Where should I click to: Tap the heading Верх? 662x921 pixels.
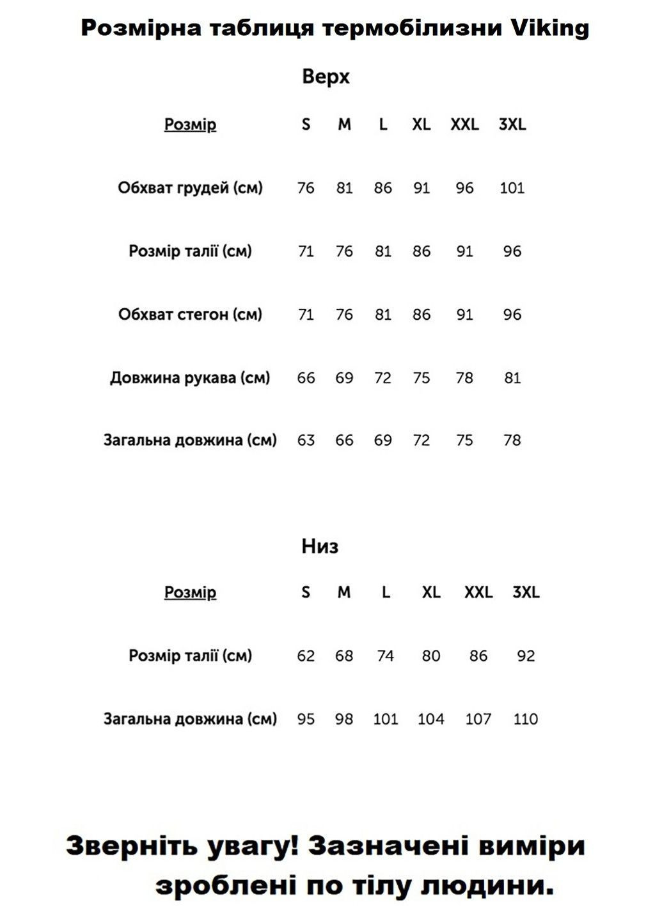(326, 77)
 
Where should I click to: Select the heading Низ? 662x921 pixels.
(320, 546)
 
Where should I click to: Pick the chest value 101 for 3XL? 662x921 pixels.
(512, 188)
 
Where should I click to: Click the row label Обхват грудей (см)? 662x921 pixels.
(190, 188)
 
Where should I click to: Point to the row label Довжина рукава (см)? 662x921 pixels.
(190, 378)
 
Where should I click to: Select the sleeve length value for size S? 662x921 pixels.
(306, 378)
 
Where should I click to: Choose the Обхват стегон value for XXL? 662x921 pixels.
(464, 315)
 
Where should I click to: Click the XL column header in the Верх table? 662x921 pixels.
(421, 125)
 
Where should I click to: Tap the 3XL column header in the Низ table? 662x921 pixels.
(526, 592)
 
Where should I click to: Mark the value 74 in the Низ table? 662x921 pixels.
(385, 656)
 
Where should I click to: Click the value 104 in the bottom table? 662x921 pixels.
(430, 719)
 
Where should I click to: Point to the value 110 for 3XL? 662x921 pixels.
(525, 719)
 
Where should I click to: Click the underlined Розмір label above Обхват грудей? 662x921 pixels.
(190, 125)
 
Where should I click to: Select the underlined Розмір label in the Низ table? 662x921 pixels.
(190, 592)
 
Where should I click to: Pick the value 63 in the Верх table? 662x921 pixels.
(306, 441)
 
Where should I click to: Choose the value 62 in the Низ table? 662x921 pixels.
(306, 656)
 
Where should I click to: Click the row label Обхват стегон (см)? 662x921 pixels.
(190, 315)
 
